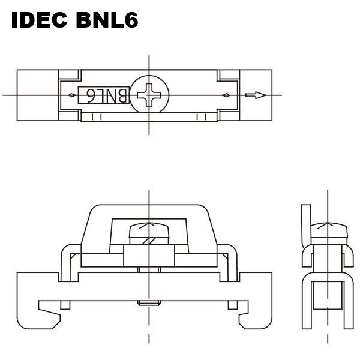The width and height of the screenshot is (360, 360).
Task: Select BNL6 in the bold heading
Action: (106, 20)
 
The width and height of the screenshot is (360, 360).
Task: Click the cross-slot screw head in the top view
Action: (149, 95)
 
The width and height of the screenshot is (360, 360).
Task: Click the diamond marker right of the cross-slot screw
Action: (224, 95)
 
